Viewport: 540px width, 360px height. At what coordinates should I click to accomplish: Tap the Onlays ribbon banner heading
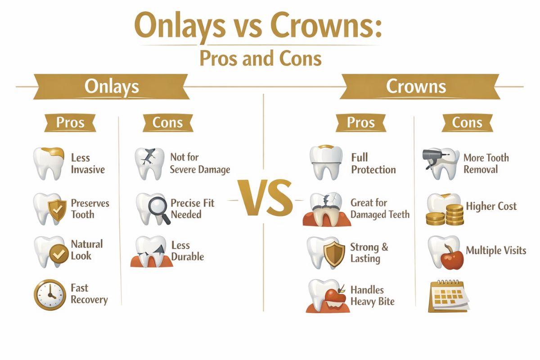click(112, 87)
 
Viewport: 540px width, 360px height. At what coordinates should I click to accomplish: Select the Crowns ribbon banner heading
click(416, 87)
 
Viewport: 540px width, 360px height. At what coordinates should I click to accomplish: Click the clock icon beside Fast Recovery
click(49, 295)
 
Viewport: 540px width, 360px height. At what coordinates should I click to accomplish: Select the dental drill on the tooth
click(432, 158)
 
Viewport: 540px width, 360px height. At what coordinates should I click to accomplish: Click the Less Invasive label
click(88, 164)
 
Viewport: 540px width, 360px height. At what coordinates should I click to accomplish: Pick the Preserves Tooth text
click(90, 208)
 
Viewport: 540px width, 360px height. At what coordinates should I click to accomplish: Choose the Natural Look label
click(87, 250)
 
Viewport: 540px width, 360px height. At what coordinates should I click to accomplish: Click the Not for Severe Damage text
click(200, 163)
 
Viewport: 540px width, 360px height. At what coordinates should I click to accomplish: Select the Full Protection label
click(373, 163)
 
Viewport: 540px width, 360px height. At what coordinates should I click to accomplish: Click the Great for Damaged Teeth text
click(380, 208)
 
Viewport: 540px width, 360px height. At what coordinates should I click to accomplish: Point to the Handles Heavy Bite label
click(373, 296)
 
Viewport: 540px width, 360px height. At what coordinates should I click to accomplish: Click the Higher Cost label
click(491, 207)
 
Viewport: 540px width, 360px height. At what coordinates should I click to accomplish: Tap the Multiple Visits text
click(496, 250)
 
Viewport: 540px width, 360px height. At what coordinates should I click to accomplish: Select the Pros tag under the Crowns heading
click(361, 122)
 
